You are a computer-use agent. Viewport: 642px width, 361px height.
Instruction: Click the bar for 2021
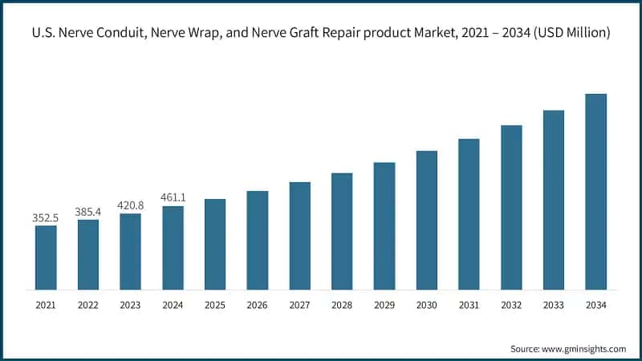point(46,257)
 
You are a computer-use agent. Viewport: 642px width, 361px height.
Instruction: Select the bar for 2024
point(173,247)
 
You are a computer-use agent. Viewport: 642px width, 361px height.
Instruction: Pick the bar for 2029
point(384,225)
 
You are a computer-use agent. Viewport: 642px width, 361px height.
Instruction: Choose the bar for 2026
point(258,240)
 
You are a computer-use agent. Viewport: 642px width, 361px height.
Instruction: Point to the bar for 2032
point(511,206)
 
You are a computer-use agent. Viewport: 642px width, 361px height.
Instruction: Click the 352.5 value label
point(46,217)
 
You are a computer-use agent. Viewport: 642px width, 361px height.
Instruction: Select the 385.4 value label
point(88,211)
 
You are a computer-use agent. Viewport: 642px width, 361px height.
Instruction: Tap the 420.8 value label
point(130,205)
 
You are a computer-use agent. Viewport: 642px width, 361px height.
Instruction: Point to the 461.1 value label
point(173,197)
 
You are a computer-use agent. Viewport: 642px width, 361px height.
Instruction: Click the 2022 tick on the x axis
point(88,305)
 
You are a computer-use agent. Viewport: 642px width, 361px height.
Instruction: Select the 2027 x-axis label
point(300,305)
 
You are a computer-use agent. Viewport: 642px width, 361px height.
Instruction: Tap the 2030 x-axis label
point(427,305)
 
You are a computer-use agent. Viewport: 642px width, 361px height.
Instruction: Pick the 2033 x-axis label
point(554,305)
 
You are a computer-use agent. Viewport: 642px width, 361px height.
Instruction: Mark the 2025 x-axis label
point(215,305)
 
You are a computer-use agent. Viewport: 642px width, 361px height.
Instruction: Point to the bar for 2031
point(469,213)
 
